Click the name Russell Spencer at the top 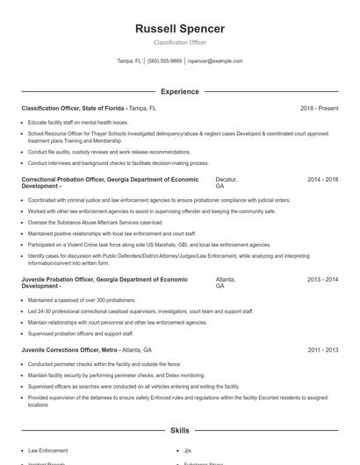[179, 29]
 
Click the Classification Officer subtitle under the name [179, 42]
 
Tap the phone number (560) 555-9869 [165, 61]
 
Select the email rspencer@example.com [216, 61]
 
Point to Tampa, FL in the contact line [129, 61]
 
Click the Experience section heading [179, 91]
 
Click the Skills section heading [179, 431]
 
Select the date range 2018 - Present [319, 108]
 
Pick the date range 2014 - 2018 [322, 179]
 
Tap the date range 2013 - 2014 [322, 279]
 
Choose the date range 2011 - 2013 [322, 349]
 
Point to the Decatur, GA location [226, 182]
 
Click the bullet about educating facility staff [78, 122]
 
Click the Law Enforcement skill [47, 451]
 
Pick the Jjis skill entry [188, 451]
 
